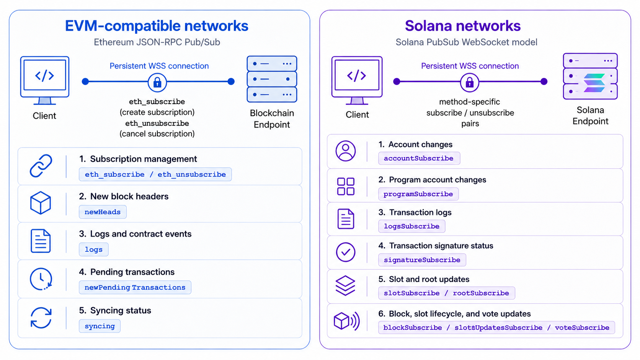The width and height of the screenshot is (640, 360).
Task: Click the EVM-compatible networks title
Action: tap(157, 26)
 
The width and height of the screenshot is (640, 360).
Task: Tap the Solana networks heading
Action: tap(462, 26)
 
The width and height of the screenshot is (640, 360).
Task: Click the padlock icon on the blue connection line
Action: tap(157, 83)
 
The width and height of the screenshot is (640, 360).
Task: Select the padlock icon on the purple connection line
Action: tap(469, 83)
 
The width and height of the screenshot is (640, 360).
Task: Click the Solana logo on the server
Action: tap(594, 83)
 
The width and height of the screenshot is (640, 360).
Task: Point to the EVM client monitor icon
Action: tap(44, 80)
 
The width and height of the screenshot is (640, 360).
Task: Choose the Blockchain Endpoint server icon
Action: tap(272, 79)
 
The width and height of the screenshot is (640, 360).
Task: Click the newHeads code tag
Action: tap(103, 212)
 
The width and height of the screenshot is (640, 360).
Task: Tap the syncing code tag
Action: tap(100, 326)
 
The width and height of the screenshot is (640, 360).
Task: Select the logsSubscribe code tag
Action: tap(412, 226)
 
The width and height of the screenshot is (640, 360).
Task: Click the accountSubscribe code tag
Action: tap(419, 158)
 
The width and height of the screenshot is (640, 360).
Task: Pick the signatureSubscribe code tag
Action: tap(422, 260)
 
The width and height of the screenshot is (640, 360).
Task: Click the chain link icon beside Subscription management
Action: tap(41, 166)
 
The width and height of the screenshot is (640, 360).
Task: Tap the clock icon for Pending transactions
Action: tap(41, 279)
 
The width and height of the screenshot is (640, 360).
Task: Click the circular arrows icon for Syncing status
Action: tap(41, 318)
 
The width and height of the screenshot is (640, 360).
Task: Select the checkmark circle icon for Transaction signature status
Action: tap(346, 252)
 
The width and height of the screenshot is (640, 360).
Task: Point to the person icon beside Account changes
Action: tap(346, 151)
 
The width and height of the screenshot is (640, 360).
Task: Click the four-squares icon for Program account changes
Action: tap(346, 186)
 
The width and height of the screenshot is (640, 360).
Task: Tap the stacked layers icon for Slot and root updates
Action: tap(345, 285)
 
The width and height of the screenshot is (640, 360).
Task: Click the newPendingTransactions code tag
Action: tap(135, 287)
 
